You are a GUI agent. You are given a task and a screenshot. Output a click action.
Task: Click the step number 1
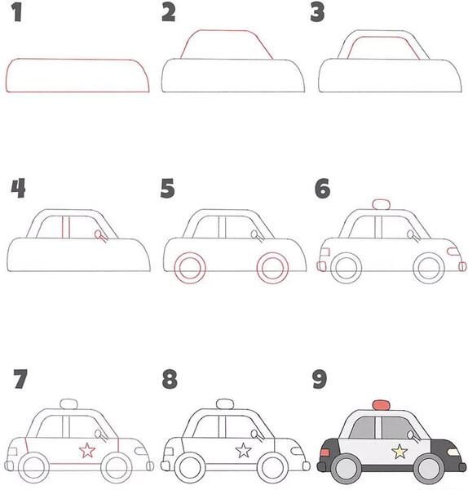(17, 13)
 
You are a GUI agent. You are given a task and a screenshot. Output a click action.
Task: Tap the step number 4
(18, 188)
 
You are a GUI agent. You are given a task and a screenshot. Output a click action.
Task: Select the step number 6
(322, 189)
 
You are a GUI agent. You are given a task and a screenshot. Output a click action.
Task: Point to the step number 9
(320, 379)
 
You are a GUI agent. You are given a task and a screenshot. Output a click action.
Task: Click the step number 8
(170, 379)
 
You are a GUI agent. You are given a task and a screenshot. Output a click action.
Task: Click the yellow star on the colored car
(400, 452)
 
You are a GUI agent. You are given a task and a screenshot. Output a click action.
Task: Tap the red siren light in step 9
(381, 405)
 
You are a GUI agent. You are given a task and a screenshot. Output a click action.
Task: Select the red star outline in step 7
(87, 450)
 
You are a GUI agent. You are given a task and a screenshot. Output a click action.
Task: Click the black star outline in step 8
(243, 450)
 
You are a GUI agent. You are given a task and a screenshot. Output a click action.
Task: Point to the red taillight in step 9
(325, 452)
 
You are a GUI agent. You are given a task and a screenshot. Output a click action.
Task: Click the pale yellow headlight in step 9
(453, 452)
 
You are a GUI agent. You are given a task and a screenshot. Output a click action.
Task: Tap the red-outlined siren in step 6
(381, 204)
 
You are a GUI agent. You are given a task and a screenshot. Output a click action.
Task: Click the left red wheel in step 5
(190, 268)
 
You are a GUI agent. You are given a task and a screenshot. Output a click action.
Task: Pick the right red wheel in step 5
(272, 268)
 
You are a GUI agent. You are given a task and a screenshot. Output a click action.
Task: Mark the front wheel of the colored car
(429, 469)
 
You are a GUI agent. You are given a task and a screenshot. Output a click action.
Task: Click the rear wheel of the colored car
(347, 469)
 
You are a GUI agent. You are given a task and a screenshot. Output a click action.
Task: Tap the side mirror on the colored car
(413, 436)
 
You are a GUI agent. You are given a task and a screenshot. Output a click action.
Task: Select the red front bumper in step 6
(462, 266)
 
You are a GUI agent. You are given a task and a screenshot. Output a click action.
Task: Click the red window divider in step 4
(66, 227)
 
